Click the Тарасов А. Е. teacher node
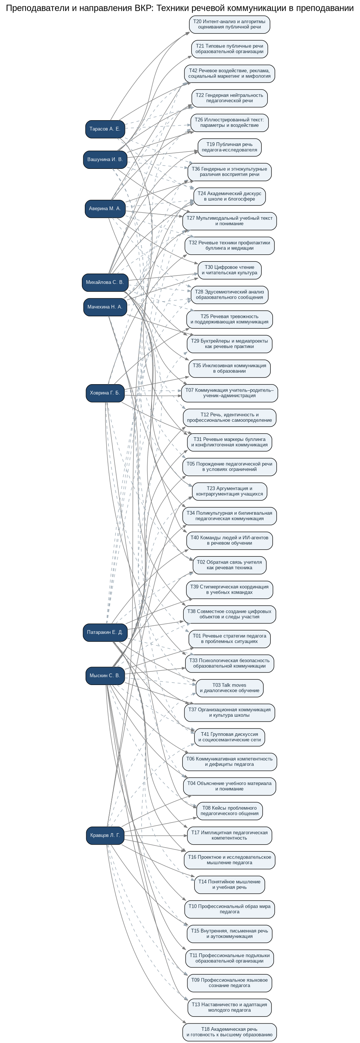[105, 129]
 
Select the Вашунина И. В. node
[105, 160]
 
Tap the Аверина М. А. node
[105, 209]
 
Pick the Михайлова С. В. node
[105, 282]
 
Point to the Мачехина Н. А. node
[105, 307]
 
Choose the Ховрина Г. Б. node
[105, 393]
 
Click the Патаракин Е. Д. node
[105, 632]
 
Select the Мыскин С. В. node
[105, 675]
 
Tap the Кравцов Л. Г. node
[105, 835]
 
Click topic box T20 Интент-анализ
[229, 24]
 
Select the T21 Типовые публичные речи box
[229, 49]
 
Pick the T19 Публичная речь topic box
[229, 147]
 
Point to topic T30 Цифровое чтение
[229, 270]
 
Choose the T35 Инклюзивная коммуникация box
[229, 368]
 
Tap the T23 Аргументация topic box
[229, 491]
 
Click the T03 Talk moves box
[229, 688]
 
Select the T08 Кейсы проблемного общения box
[229, 811]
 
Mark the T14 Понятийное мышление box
[229, 884]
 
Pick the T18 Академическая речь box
[229, 1032]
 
